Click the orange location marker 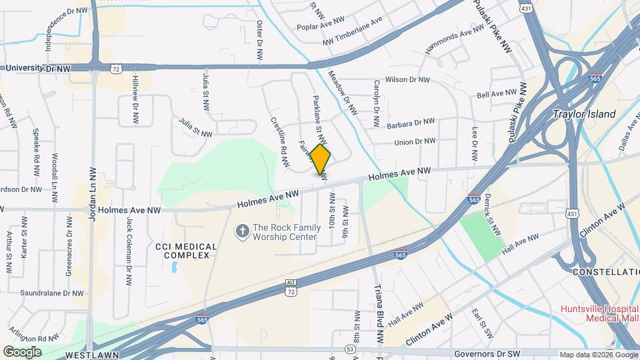point(321,160)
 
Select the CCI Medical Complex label point(186,251)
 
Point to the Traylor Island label point(585,114)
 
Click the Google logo point(22,352)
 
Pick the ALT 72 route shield point(291,287)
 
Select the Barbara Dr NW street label point(410,123)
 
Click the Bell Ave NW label point(497,94)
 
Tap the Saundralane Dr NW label point(52,293)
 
